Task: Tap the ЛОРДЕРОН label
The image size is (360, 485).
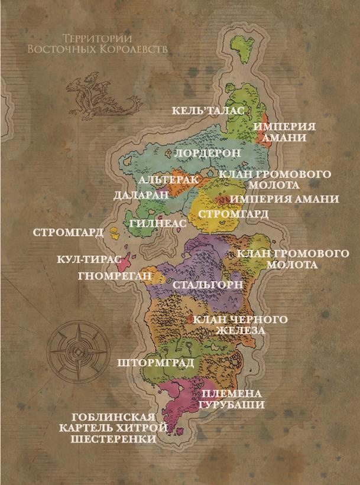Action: (x=209, y=152)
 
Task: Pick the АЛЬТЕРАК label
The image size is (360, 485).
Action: (x=167, y=179)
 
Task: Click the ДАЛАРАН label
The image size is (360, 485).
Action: (x=140, y=194)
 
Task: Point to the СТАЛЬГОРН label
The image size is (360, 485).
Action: (x=207, y=285)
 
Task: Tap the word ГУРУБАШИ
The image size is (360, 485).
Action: (x=231, y=405)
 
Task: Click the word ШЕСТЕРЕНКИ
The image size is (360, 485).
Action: (x=113, y=440)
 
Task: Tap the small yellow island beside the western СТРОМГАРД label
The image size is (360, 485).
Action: (x=114, y=232)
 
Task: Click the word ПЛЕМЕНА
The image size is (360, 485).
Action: (x=231, y=393)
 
